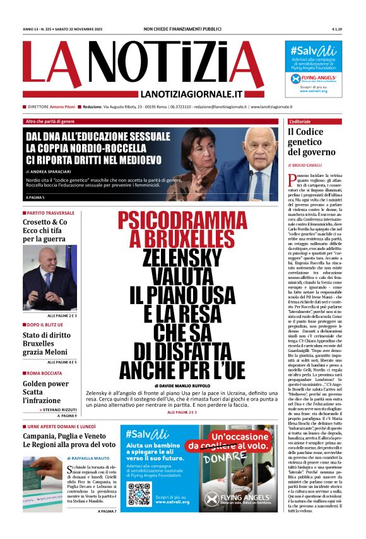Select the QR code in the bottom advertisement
coord(139,494)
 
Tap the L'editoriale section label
coord(300,121)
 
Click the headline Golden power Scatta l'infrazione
coord(46,392)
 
